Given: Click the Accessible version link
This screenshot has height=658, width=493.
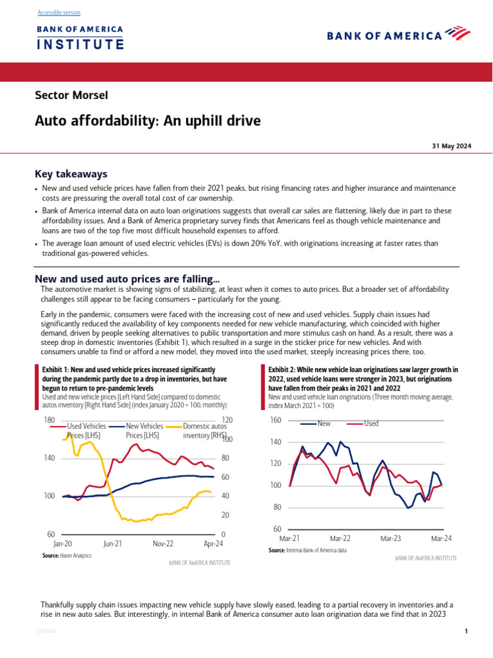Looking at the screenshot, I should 59,13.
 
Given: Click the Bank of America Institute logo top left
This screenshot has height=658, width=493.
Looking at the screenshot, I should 80,38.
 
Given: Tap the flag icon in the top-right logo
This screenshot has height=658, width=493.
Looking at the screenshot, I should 458,33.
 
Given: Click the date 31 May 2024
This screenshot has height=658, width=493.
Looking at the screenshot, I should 451,147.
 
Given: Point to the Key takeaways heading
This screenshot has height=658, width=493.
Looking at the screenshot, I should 71,174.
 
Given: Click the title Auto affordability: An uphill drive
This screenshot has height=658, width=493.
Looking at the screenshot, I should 148,121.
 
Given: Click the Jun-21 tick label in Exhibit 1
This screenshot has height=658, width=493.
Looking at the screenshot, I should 113,544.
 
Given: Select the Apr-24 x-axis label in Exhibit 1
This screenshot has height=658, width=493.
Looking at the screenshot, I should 214,544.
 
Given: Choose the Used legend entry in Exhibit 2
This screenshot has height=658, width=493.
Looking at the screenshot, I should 371,423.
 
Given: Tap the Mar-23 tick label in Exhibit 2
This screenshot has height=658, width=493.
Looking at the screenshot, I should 390,538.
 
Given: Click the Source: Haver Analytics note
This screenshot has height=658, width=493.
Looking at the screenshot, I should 67,555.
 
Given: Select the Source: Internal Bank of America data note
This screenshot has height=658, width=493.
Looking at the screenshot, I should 307,551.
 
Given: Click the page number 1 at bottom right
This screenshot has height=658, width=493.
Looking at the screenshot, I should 466,632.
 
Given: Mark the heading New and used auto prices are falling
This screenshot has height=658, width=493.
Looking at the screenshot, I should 127,279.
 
